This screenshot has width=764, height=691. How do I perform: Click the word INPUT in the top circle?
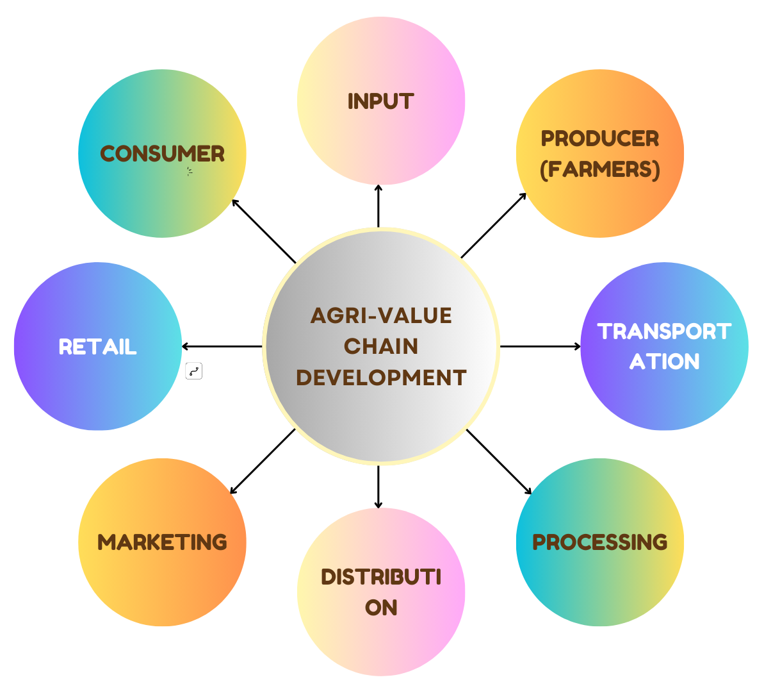(380, 101)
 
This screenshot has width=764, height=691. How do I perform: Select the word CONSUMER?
(162, 154)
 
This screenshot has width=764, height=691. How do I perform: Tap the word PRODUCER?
(600, 138)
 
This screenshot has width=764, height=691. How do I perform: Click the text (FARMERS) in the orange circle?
(600, 169)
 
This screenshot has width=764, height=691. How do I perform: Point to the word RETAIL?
(97, 347)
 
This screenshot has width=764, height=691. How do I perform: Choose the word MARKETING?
(162, 542)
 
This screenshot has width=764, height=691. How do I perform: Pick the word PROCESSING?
(600, 542)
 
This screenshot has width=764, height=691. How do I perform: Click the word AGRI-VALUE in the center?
(381, 315)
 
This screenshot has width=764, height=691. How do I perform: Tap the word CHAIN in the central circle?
(381, 346)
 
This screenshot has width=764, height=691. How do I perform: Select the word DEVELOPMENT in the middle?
(381, 378)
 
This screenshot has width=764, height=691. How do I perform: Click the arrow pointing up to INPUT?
(378, 206)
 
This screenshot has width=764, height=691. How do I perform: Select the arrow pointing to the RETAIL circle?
(222, 347)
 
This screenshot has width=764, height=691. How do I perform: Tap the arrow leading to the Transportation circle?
(540, 347)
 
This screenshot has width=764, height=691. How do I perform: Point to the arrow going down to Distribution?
(378, 487)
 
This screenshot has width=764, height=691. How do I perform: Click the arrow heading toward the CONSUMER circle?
(264, 231)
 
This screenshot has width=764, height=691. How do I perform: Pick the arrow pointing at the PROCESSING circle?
(499, 462)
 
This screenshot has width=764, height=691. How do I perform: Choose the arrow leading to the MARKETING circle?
(263, 462)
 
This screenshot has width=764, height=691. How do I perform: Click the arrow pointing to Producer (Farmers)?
(494, 225)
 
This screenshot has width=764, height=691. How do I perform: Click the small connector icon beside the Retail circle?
(194, 371)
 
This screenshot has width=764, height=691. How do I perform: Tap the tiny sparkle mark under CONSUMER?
(190, 171)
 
